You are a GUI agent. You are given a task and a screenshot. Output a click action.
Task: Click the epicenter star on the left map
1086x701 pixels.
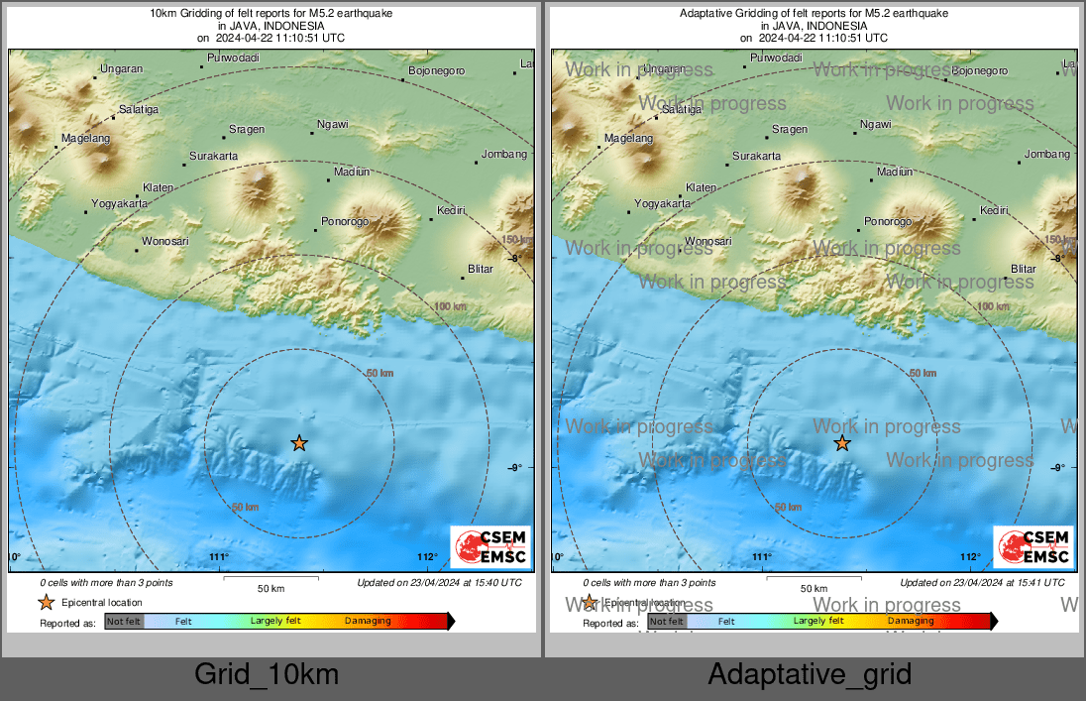point(299,443)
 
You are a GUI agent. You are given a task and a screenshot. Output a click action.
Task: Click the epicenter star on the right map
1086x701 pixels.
point(842,443)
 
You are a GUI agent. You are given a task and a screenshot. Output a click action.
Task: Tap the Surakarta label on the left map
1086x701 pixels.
point(213,157)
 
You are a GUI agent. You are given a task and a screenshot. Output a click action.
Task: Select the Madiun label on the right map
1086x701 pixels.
point(895,172)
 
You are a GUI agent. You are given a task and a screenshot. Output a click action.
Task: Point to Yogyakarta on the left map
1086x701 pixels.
point(119,203)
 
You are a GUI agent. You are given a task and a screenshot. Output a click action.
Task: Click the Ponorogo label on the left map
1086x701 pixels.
point(345,221)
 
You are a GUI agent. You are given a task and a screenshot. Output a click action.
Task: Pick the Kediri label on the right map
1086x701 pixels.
point(994,210)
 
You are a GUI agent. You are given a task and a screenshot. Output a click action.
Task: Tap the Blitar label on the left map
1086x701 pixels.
point(481,269)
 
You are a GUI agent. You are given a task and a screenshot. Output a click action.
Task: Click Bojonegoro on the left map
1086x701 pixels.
point(436,71)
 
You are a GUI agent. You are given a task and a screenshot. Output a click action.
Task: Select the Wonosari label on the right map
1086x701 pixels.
point(707,241)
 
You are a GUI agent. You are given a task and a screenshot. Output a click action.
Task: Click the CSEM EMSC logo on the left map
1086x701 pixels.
point(491,547)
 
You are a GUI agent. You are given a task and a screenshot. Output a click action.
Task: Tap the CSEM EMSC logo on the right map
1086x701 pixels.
point(1034,547)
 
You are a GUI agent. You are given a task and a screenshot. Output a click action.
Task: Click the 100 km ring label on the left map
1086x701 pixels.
point(451,306)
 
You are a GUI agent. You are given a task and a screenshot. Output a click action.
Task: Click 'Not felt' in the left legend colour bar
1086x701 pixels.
point(124,622)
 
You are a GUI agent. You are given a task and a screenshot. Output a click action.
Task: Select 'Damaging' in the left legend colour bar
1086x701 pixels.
point(368,622)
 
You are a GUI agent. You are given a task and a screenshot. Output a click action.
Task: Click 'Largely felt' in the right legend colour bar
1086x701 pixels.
point(818,622)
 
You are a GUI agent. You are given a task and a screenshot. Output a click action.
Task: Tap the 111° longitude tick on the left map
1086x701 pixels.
point(219,557)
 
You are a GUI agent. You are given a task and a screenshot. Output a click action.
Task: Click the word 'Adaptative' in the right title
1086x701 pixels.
point(707,14)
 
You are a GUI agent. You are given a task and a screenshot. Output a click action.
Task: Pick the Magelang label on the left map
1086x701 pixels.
point(85,139)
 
